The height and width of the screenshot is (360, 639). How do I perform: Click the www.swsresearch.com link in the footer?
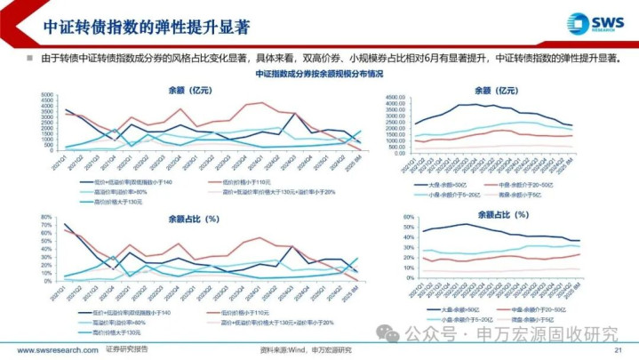55,349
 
